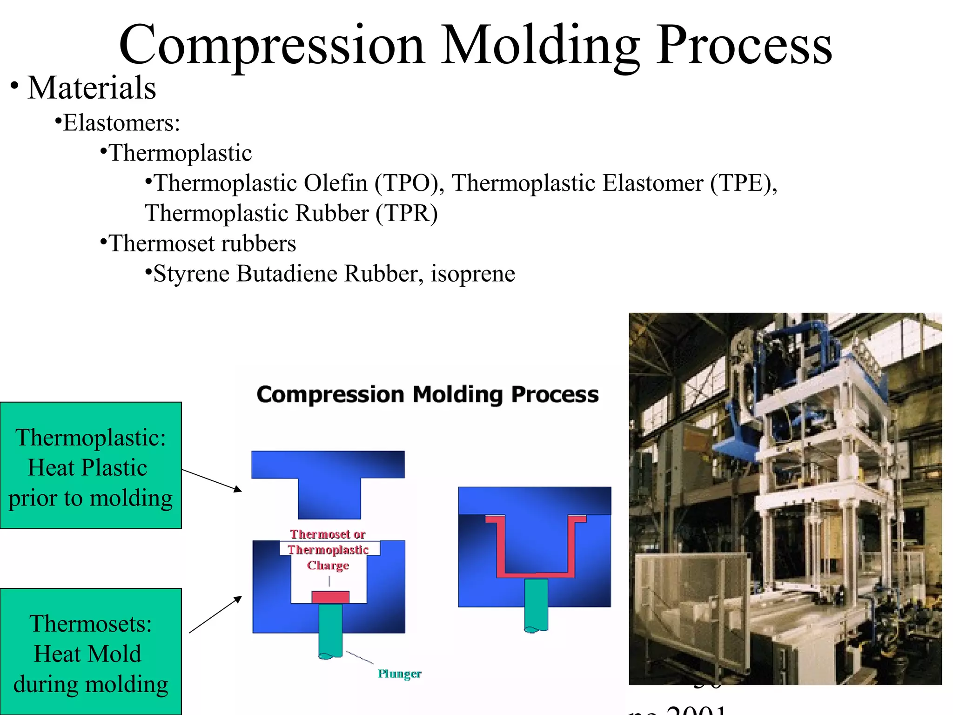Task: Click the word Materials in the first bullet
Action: pos(92,88)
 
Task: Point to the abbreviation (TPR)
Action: pos(406,213)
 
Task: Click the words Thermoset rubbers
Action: pos(202,243)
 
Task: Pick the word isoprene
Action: pos(473,273)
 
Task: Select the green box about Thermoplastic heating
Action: pos(91,465)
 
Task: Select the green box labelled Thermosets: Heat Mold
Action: pos(91,652)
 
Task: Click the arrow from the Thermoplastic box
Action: pos(212,480)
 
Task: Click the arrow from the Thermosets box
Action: pos(215,614)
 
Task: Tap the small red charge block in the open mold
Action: pos(330,597)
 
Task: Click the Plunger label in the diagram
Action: pos(399,674)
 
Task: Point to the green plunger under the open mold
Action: pos(330,631)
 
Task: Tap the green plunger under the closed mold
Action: pos(536,605)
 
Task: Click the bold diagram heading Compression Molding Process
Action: pos(427,395)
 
